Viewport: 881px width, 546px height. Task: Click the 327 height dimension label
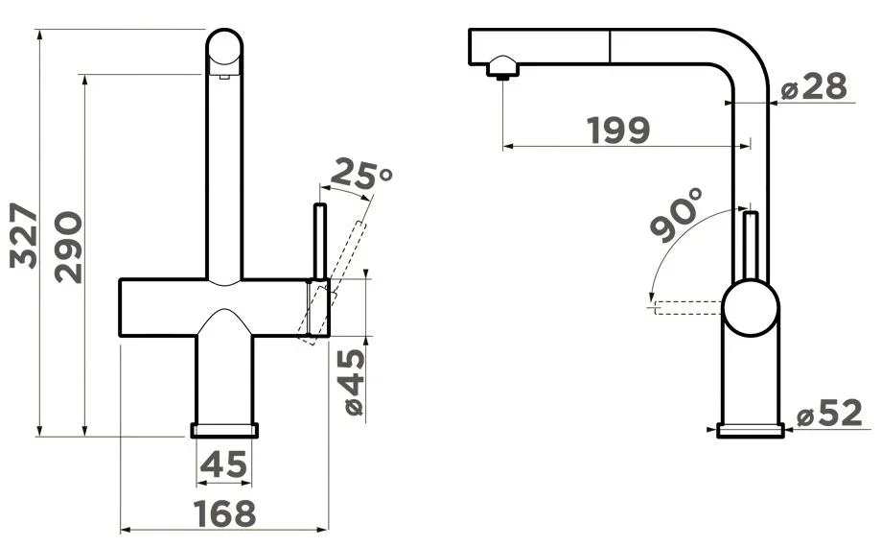24,235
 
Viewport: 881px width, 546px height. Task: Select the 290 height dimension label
69,247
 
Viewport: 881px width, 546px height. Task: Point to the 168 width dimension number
224,513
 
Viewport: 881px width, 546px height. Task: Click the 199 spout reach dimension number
618,131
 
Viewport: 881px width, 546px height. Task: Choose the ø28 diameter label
814,86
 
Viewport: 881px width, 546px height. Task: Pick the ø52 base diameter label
829,414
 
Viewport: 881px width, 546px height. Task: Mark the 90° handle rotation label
677,215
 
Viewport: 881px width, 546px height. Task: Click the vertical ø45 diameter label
353,382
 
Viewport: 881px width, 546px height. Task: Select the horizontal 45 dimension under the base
223,464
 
